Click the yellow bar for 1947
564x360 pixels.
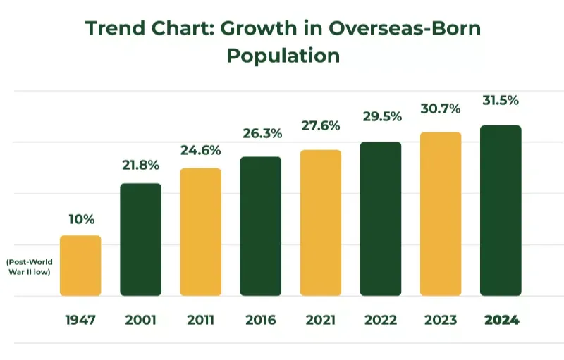tap(80, 266)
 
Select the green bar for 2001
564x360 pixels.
tap(140, 240)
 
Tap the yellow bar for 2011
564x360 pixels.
tap(200, 232)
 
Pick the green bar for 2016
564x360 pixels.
tap(260, 226)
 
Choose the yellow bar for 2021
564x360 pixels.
tap(320, 223)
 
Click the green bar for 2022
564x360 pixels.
tap(381, 218)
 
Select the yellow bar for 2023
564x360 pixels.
tap(441, 214)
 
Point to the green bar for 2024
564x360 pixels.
tap(501, 211)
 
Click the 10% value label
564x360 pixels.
tap(80, 219)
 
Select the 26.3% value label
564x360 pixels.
tap(260, 133)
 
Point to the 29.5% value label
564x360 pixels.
tap(381, 116)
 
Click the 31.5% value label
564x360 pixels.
tap(501, 100)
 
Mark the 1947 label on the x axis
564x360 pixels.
tap(80, 320)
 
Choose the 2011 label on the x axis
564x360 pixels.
tap(200, 320)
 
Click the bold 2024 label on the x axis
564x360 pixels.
tap(501, 320)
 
